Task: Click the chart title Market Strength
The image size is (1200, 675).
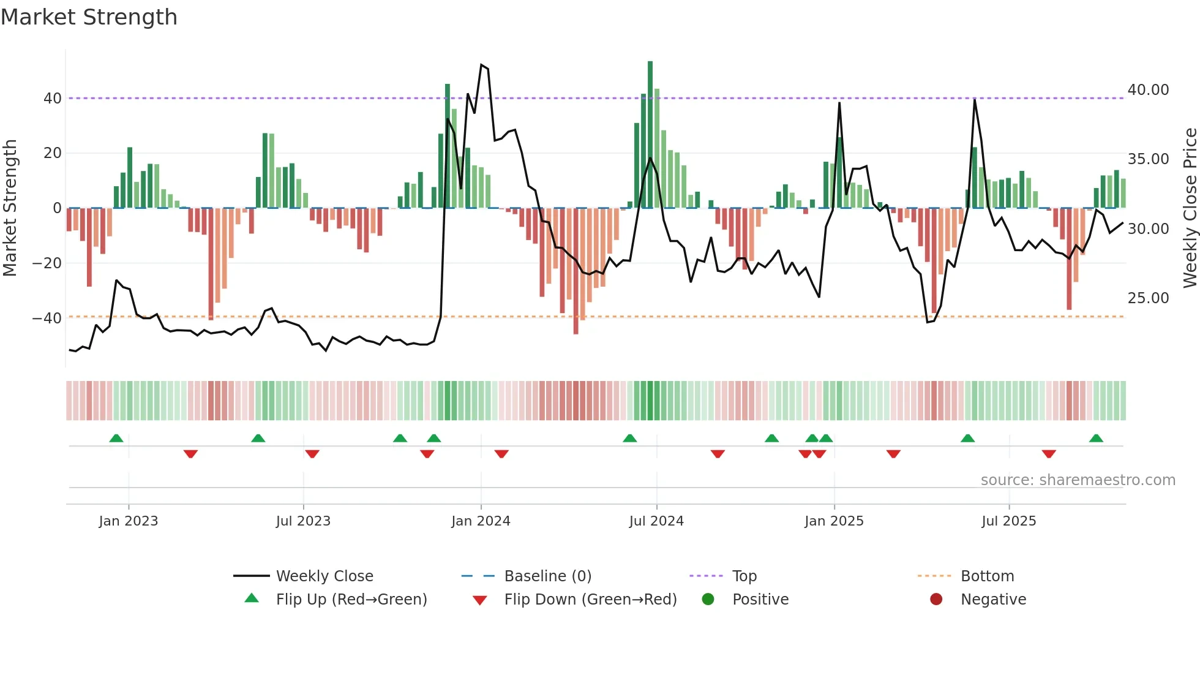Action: point(89,17)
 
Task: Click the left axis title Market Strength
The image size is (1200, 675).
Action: point(10,208)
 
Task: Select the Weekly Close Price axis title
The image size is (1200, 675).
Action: point(1190,208)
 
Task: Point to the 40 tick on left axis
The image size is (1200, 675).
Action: point(52,99)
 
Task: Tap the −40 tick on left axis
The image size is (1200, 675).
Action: point(47,319)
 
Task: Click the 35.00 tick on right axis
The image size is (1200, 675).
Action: point(1148,159)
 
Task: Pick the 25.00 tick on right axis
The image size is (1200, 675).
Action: point(1148,298)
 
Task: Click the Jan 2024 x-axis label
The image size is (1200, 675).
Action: point(481,521)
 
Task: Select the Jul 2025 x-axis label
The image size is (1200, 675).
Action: point(1008,521)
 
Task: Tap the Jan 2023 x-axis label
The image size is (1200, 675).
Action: point(129,521)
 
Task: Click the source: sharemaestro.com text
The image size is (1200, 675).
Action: point(1078,480)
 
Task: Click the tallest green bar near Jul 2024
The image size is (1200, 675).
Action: point(650,135)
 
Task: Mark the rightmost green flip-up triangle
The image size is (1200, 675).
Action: point(1096,439)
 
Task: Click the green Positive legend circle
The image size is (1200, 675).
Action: point(708,600)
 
